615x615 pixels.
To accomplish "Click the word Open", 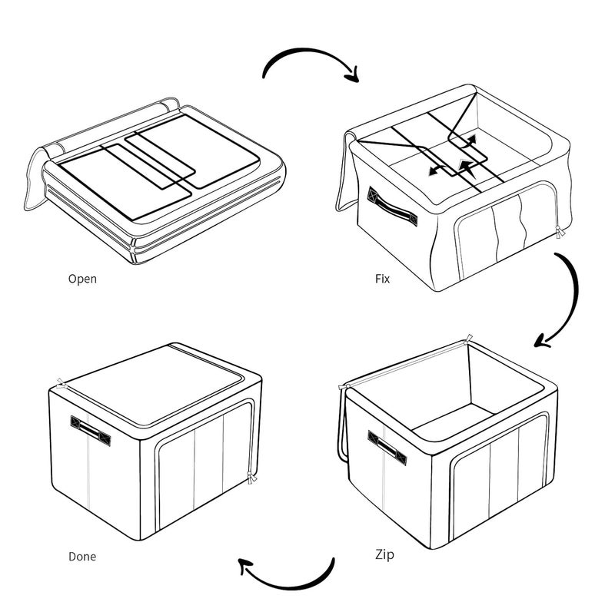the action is [x=82, y=279].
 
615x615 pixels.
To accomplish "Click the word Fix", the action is [x=383, y=279].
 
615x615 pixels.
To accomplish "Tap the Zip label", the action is [x=384, y=555].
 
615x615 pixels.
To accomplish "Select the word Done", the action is [x=82, y=556].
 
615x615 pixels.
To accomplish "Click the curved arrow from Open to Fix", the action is [x=306, y=51].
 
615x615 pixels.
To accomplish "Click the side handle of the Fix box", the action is [x=392, y=207].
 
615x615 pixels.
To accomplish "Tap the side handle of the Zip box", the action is [x=387, y=448].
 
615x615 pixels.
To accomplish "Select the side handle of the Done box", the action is [x=90, y=431].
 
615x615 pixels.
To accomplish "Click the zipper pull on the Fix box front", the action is [x=559, y=231].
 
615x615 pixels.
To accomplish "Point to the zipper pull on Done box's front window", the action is [x=251, y=478].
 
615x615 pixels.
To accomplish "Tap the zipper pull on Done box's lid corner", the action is [x=61, y=384].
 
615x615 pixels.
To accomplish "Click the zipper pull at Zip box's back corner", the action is [x=467, y=339].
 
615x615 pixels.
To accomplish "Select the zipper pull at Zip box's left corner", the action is [x=344, y=388].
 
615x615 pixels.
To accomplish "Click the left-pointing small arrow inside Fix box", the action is [x=435, y=170].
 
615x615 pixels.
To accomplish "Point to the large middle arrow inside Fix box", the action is [x=467, y=168].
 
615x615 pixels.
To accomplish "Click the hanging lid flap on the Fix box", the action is [x=346, y=173].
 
